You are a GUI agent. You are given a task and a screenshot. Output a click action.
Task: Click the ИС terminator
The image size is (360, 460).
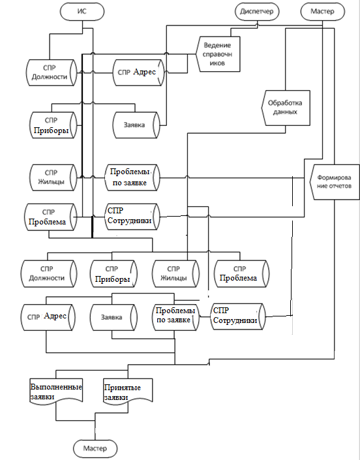pos(82,12)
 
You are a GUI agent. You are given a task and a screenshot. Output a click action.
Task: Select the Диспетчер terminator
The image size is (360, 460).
pos(257,12)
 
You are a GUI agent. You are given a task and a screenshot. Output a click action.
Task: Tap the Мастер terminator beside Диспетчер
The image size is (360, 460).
pos(322,12)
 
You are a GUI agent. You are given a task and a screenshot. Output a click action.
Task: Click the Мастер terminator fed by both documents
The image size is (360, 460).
pos(95,448)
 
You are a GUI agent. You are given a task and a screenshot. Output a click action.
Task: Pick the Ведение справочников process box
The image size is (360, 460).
pos(218,54)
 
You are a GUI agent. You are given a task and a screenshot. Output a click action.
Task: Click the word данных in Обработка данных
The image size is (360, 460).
pos(285,112)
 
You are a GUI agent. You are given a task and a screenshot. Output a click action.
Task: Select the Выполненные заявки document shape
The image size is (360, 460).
pos(56,391)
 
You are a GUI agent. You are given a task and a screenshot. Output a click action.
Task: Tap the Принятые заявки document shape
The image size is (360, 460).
pos(128,391)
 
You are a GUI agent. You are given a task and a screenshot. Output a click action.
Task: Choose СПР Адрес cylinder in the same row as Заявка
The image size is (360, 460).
pos(48,317)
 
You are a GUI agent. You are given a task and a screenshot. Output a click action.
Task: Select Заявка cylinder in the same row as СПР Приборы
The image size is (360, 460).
pos(136,125)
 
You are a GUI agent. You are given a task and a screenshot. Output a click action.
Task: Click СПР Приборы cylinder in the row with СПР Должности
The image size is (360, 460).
pos(113,273)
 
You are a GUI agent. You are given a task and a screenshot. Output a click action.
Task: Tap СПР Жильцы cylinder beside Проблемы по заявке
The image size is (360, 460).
pos(53,177)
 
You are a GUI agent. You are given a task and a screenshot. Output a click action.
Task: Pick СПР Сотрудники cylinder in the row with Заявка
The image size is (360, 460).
pos(238,317)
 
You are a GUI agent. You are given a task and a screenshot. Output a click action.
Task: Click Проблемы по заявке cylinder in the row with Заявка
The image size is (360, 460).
pos(175,317)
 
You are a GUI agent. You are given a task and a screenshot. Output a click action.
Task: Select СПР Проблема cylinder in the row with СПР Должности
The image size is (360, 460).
pos(241,273)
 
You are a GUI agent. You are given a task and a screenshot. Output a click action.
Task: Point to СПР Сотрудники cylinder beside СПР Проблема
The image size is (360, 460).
pos(132,217)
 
